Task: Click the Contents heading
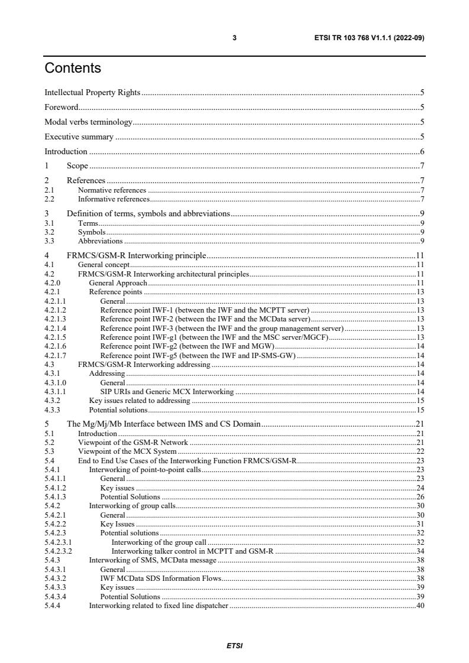[73, 69]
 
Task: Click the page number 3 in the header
[234, 38]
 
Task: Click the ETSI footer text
[234, 646]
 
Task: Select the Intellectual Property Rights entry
[93, 93]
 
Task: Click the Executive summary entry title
[79, 137]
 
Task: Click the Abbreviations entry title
[100, 241]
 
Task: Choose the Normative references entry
[112, 190]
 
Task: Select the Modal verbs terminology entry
[88, 122]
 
